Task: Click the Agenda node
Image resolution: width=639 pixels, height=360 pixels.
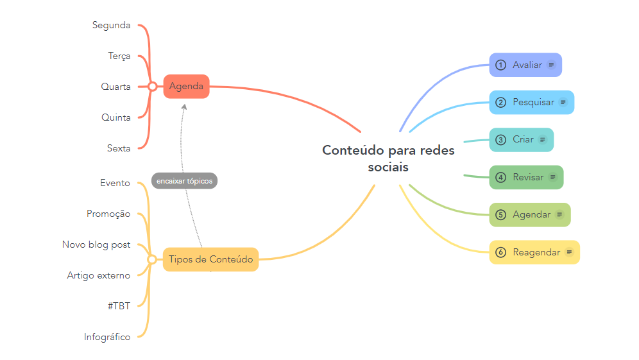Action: pos(186,87)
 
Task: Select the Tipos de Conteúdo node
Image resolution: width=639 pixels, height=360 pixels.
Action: pos(210,259)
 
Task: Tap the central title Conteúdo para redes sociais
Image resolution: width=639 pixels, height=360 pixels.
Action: pos(388,159)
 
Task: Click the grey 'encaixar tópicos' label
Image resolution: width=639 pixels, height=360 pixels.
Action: pos(184,181)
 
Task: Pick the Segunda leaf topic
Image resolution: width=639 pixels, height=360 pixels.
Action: pos(111,26)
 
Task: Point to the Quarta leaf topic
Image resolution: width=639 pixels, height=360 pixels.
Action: pos(115,87)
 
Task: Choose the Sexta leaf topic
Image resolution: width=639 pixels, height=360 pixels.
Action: pos(119,148)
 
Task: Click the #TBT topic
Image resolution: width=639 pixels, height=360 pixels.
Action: pos(119,306)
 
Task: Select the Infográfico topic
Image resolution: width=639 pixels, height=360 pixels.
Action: pos(106,337)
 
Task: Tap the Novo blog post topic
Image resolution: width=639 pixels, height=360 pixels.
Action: pos(96,244)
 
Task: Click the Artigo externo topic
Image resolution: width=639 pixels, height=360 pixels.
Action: pos(98,275)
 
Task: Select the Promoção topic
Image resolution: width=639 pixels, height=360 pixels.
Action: pos(108,214)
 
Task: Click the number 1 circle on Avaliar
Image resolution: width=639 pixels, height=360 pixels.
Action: pos(501,65)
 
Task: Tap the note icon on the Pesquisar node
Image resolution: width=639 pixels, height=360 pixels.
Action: pos(563,102)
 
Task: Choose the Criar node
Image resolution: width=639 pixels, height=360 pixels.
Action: pos(521,140)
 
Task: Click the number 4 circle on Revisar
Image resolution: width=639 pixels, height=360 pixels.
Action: pos(501,177)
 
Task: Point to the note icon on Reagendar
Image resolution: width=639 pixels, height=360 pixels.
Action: pos(568,252)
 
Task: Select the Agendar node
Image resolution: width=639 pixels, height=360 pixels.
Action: pos(529,215)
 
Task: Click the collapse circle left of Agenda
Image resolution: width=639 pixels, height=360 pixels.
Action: pos(153,87)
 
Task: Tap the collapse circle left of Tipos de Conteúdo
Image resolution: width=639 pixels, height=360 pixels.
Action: pos(153,259)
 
